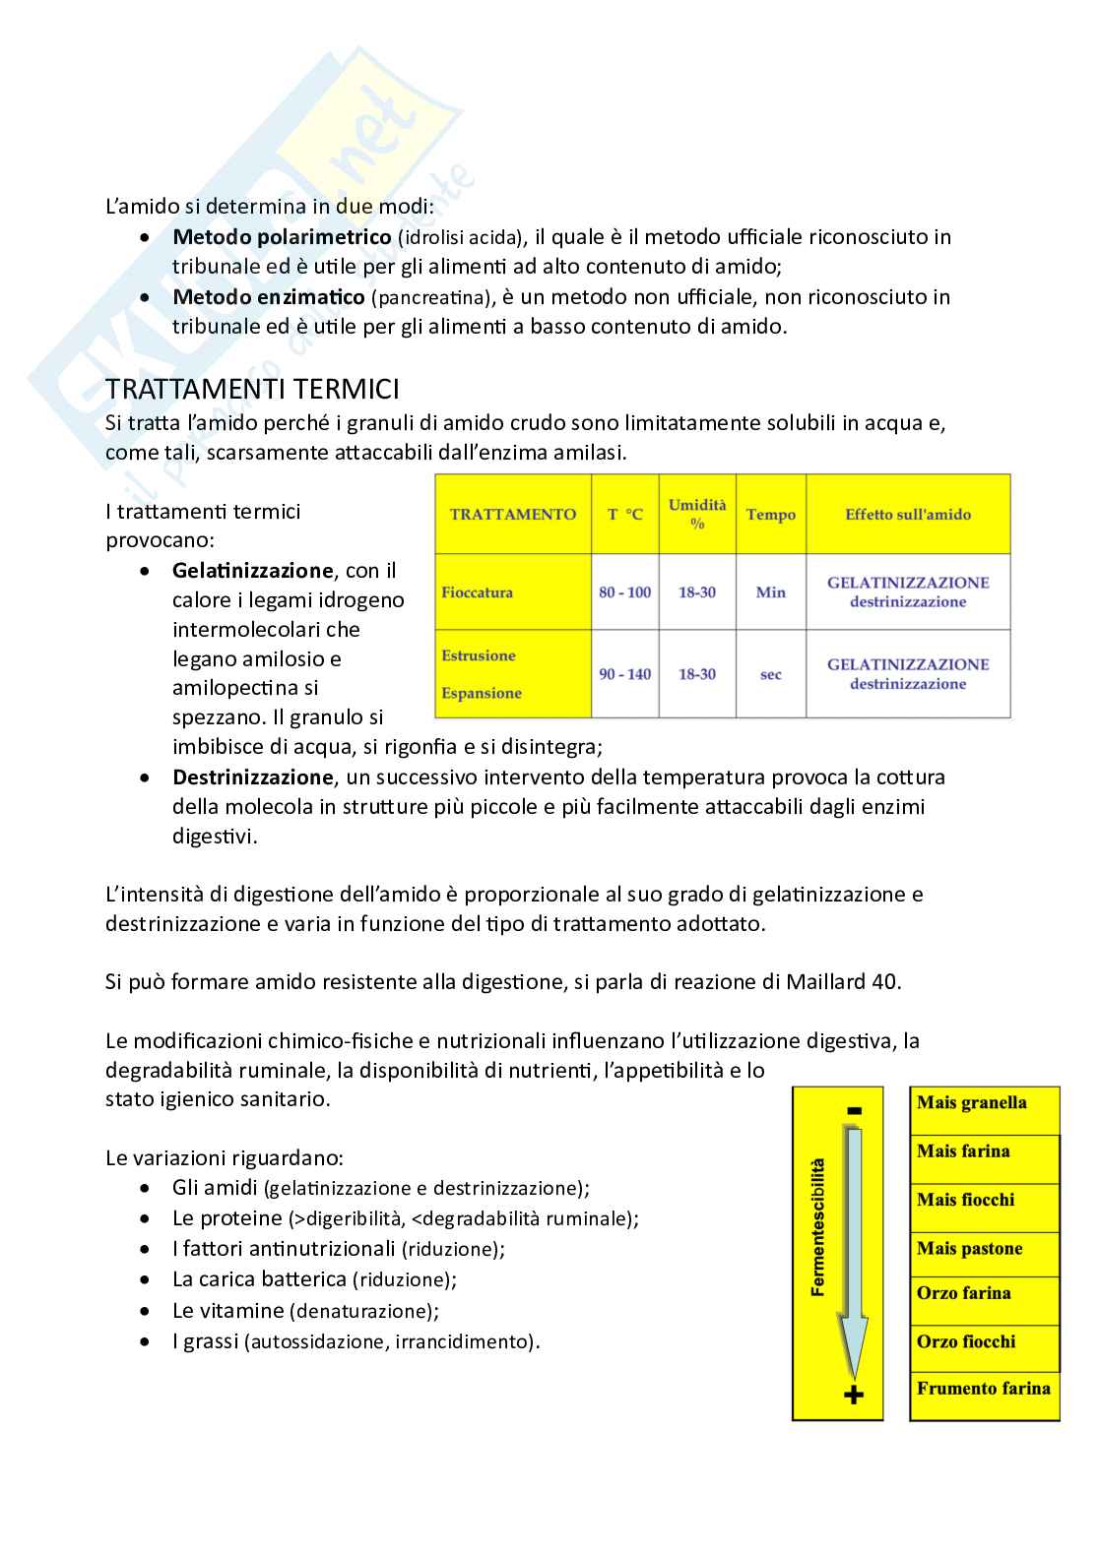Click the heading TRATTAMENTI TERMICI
click(252, 390)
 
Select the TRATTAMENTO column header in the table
click(512, 514)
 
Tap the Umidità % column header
click(696, 514)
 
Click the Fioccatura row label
click(478, 592)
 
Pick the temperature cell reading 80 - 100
click(624, 592)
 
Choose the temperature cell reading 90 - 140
click(624, 674)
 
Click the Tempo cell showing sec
click(770, 675)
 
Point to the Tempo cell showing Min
click(770, 592)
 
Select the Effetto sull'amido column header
click(907, 514)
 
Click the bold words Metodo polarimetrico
click(282, 237)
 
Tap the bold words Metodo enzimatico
click(268, 297)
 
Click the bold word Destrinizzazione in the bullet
click(253, 777)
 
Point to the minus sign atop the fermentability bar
click(854, 1111)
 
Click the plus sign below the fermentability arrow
click(854, 1395)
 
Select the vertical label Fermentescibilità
click(818, 1225)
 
